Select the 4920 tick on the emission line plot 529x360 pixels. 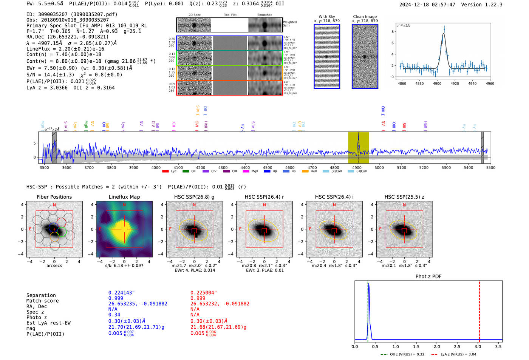click(455, 83)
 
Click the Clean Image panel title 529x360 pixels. click(365, 17)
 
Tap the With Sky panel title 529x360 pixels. click(326, 17)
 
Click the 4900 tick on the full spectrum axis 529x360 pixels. click(357, 167)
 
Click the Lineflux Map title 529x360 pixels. click(124, 197)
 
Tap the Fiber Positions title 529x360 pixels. click(54, 197)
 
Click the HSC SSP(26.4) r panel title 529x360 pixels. click(264, 197)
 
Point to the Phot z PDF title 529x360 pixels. click(428, 277)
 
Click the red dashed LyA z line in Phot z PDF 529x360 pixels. click(479, 310)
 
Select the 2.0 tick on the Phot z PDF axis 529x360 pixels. click(436, 346)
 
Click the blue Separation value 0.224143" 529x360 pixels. click(121, 293)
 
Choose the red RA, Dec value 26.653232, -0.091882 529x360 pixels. click(220, 304)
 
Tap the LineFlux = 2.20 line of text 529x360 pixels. click(65, 49)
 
